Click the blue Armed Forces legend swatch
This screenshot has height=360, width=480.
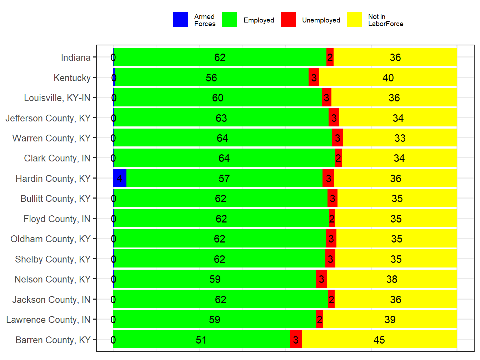pos(180,20)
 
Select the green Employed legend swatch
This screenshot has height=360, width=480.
pos(229,20)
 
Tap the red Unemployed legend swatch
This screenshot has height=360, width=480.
pos(288,20)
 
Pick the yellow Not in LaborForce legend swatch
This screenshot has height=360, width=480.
pos(354,20)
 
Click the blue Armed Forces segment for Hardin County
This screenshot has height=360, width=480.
pos(120,178)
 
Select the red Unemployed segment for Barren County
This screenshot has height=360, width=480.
pos(296,339)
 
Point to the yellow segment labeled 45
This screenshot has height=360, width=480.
pos(379,340)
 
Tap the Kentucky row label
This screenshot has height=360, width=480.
pos(72,78)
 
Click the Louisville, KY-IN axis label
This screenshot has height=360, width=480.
pos(57,98)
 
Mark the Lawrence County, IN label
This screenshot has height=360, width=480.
pos(48,320)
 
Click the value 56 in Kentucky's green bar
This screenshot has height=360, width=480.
pos(211,78)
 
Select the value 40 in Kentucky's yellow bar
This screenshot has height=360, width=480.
pos(388,78)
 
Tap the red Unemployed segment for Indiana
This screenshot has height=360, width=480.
pos(330,57)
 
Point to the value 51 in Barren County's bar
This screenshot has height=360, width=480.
pos(201,340)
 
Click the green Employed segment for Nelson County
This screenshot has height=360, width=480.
pos(215,279)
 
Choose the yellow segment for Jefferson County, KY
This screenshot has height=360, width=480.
pos(398,118)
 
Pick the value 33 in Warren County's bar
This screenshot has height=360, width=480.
pos(400,138)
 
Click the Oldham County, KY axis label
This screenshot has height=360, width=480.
pos(50,239)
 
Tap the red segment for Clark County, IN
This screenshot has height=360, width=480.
pos(338,158)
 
